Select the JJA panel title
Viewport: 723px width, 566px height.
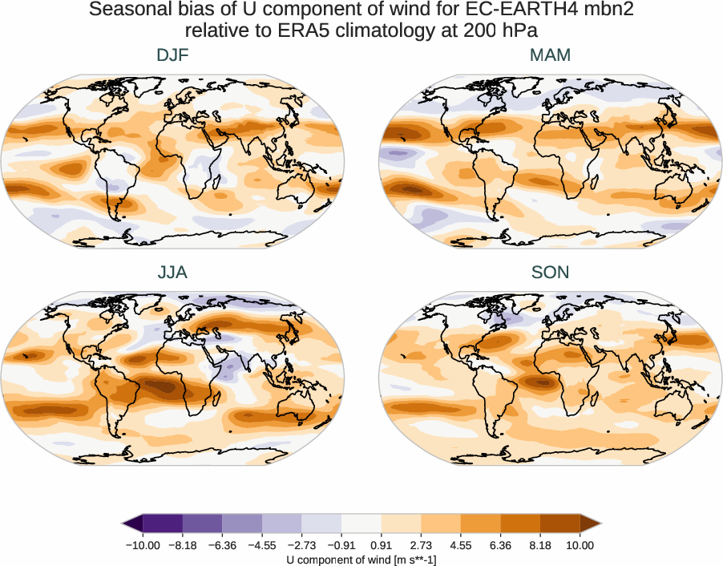click(x=172, y=273)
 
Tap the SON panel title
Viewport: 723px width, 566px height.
click(x=551, y=273)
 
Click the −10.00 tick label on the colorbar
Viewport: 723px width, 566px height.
click(x=143, y=545)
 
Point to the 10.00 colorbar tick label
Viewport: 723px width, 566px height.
click(x=580, y=545)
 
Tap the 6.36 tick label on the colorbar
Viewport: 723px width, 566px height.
click(x=500, y=545)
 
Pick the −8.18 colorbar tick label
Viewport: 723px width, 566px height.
click(x=183, y=545)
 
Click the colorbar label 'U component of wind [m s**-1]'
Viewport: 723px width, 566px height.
click(x=361, y=560)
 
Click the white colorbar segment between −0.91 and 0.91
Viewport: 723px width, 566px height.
click(x=361, y=524)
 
